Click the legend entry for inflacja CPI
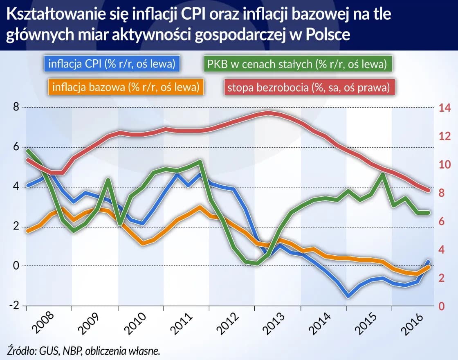coord(112,64)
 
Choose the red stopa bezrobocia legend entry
coord(309,87)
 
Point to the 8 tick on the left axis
coord(16,108)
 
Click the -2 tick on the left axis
coord(14,306)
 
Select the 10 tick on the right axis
coord(445,165)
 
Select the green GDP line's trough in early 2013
coord(256,263)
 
